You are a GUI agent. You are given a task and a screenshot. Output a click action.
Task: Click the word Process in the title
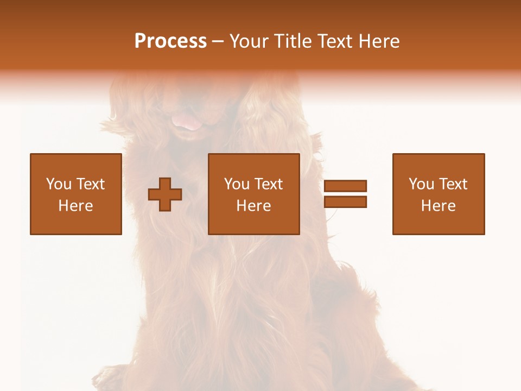coord(170,41)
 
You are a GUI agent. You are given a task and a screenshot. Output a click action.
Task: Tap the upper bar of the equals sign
coord(345,186)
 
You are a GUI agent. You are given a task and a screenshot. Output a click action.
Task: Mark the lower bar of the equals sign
coord(345,202)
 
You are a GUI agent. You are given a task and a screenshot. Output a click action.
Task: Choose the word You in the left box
coord(59,184)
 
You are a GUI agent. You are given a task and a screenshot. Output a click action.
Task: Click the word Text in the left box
coord(90,184)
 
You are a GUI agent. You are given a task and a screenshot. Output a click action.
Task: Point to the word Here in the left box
coord(75,206)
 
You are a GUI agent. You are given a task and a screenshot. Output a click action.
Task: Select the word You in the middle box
coord(237,184)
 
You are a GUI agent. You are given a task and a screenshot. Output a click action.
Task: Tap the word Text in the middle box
coord(268,184)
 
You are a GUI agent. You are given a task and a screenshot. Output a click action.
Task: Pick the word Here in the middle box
coord(253,206)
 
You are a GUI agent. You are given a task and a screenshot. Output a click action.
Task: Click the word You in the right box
coord(421,184)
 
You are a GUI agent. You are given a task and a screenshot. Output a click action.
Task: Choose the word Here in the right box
coord(438,206)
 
